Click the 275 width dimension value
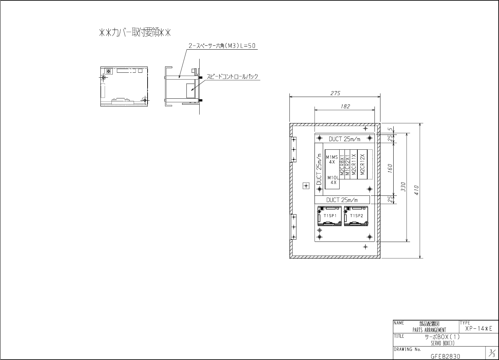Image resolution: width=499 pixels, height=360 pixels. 335,93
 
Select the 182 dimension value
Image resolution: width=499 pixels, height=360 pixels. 345,106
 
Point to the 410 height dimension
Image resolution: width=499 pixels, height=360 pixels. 417,190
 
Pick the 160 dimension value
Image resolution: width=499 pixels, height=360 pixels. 390,168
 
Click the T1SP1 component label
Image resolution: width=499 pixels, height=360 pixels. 330,216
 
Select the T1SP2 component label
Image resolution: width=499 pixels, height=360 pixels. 356,216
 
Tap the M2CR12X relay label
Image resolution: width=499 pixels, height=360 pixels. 362,165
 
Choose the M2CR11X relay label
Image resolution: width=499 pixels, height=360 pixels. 353,165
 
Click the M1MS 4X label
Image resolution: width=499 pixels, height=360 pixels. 332,160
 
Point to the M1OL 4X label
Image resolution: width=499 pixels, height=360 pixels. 333,180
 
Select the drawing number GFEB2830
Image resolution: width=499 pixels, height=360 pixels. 445,356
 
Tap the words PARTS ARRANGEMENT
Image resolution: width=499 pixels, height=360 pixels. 429,330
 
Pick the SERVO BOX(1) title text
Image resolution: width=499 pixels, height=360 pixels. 442,344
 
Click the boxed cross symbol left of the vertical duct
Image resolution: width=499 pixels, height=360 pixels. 306,186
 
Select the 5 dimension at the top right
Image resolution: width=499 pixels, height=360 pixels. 390,129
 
